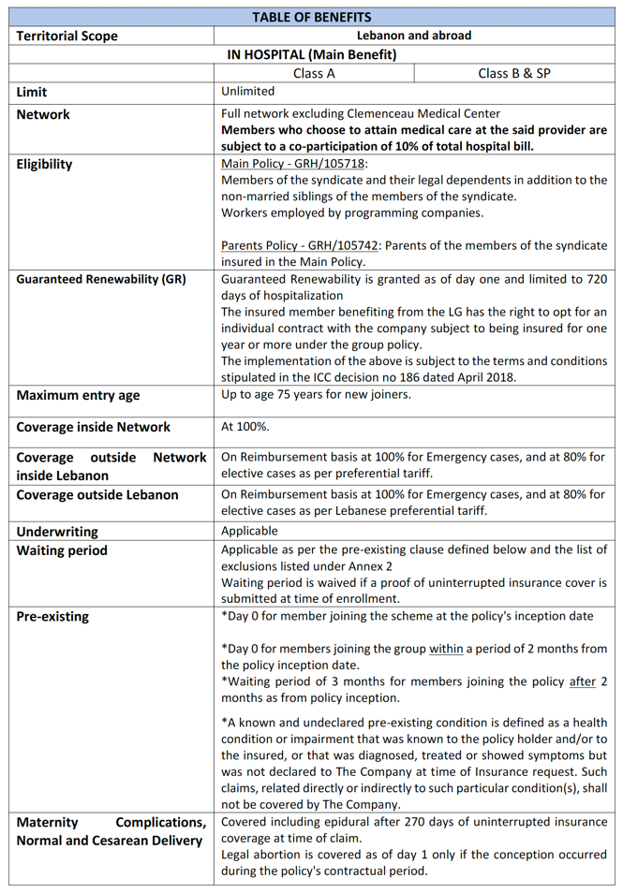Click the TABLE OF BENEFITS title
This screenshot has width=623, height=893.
click(311, 17)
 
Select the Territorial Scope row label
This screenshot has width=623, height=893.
click(67, 36)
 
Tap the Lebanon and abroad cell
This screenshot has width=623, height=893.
click(414, 36)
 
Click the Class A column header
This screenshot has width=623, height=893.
click(314, 73)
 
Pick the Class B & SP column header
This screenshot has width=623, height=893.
click(513, 73)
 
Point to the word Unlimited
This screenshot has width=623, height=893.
click(248, 92)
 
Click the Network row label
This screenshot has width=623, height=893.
click(43, 114)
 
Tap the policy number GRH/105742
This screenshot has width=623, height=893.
click(345, 245)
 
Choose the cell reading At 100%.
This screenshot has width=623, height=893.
click(245, 427)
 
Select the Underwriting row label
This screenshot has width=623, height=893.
click(57, 532)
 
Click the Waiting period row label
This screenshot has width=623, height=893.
click(62, 550)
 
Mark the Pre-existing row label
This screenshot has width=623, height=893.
click(53, 617)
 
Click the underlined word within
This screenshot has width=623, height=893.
click(446, 649)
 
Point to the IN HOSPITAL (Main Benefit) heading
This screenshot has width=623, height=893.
click(312, 54)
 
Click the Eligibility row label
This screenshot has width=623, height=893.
click(44, 164)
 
